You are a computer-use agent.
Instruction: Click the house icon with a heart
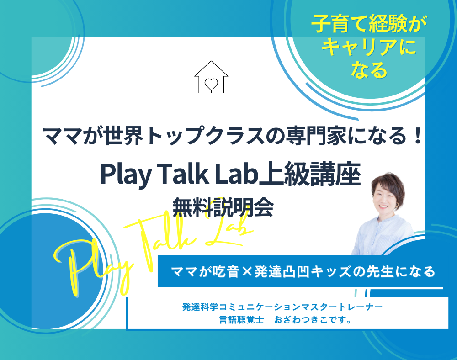(x=211, y=77)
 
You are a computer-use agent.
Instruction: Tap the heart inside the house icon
(x=211, y=84)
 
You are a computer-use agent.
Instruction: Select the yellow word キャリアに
(x=369, y=47)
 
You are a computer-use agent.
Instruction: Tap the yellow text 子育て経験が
(x=369, y=24)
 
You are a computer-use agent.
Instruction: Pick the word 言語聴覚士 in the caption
(x=242, y=320)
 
